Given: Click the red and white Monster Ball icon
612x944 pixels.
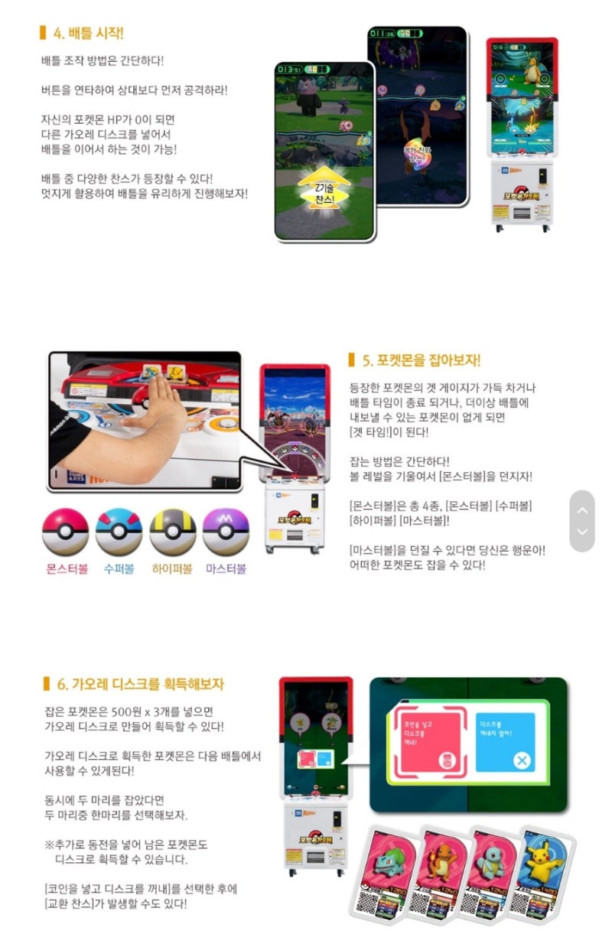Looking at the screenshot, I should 65,532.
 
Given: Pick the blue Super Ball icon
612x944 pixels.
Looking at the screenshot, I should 119,532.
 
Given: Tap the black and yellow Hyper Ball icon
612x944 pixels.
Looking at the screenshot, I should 172,532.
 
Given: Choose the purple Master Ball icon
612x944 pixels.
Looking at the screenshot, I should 226,532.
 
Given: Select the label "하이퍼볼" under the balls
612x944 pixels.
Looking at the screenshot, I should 172,569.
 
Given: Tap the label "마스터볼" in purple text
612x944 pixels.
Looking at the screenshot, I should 226,569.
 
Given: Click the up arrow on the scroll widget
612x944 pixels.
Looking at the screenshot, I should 582,510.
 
